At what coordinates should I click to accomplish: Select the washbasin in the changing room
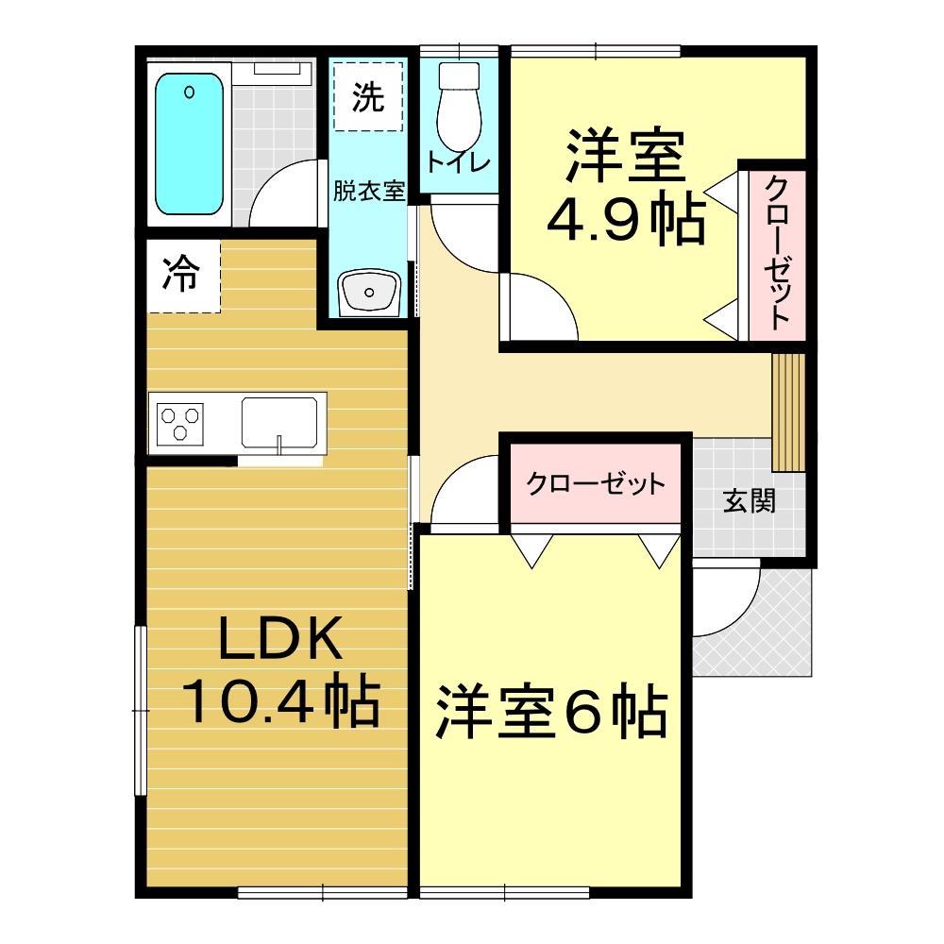click(371, 294)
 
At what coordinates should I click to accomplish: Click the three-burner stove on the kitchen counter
click(181, 422)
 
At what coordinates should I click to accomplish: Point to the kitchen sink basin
click(278, 421)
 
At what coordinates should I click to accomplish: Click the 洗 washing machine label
click(368, 96)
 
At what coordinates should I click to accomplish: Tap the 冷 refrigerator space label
click(181, 275)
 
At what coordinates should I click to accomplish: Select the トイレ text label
click(459, 162)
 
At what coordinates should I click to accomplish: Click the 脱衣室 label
click(368, 191)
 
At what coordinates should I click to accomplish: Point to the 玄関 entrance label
click(750, 500)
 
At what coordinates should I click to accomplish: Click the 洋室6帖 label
click(551, 714)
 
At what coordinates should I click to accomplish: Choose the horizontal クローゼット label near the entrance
click(596, 485)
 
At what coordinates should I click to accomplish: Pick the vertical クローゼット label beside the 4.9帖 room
click(776, 252)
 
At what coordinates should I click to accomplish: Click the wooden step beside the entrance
click(786, 412)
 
